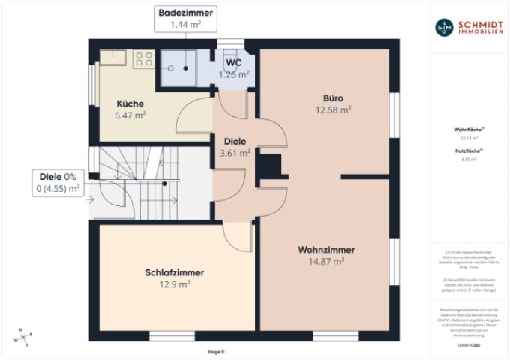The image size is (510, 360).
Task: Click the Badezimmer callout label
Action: (x=184, y=13)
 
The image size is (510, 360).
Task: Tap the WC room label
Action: (x=234, y=63)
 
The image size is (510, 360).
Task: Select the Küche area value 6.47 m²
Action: (x=130, y=115)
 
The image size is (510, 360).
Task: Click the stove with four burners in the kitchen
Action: (x=143, y=58)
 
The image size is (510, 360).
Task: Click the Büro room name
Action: (x=334, y=97)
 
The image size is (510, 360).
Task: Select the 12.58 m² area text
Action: (x=334, y=109)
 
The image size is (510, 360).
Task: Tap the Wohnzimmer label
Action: (x=326, y=249)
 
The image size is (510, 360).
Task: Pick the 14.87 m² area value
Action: (x=326, y=261)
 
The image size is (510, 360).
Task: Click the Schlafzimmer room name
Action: (x=174, y=272)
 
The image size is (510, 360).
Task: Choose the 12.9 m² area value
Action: (x=174, y=284)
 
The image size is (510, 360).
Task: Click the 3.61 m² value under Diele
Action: (x=233, y=152)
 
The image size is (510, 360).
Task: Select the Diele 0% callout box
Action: (x=57, y=182)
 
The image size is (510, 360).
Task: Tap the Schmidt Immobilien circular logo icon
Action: (x=445, y=27)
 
